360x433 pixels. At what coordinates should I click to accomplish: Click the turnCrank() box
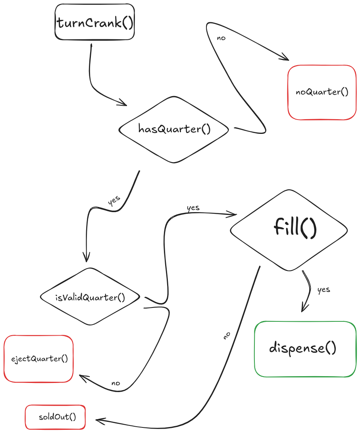(x=94, y=22)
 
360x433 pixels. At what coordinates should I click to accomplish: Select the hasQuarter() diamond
(x=174, y=129)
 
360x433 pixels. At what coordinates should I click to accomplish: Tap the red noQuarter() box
(x=322, y=92)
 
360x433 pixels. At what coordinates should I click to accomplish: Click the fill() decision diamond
(x=289, y=230)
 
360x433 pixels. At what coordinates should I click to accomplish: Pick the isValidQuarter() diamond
(x=90, y=297)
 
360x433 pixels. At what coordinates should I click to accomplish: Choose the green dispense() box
(x=305, y=349)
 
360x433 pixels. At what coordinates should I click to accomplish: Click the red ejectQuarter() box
(x=39, y=359)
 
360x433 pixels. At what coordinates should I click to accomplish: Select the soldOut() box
(x=56, y=417)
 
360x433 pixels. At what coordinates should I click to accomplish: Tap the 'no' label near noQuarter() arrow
(x=221, y=38)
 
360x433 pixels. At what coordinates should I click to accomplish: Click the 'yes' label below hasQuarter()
(x=114, y=201)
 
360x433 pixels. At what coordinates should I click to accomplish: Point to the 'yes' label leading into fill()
(x=193, y=208)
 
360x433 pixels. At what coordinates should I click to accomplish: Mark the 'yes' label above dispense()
(x=323, y=289)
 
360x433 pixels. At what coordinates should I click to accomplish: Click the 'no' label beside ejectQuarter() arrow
(x=116, y=383)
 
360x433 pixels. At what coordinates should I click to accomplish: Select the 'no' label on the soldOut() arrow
(x=227, y=336)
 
